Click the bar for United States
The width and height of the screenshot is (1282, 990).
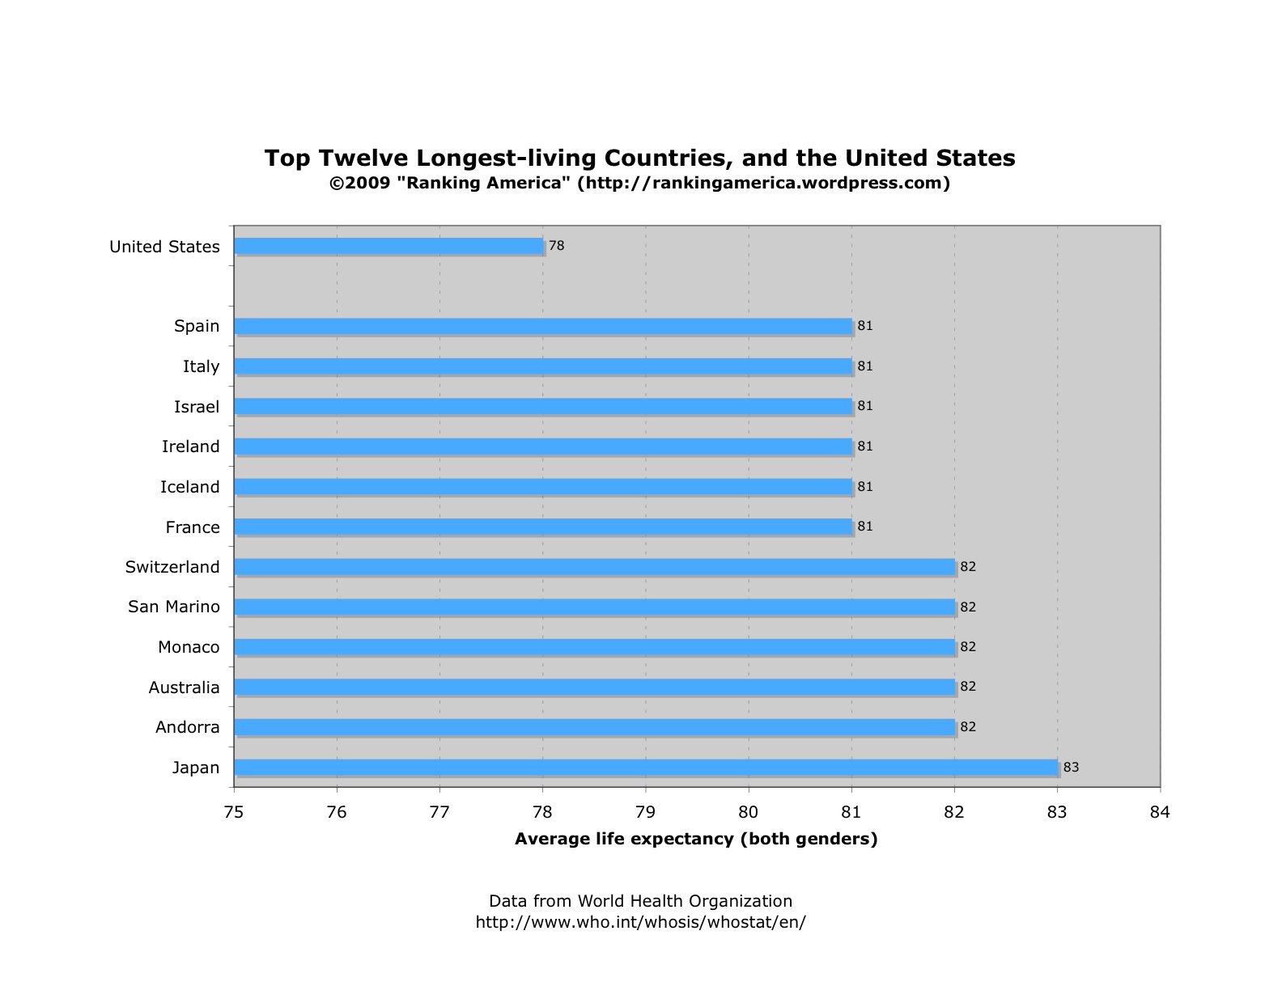(388, 246)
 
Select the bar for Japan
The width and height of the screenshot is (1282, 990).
(646, 767)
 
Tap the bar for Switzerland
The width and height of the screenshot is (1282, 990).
(595, 566)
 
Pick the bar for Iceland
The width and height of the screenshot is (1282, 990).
(543, 486)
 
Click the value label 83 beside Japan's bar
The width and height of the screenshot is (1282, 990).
(1071, 767)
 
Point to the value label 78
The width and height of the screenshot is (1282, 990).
(556, 245)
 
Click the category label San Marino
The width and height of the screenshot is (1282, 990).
(174, 607)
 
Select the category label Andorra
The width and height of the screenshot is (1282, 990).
(188, 727)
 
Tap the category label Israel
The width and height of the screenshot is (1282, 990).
(197, 406)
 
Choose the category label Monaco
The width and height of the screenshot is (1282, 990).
(189, 647)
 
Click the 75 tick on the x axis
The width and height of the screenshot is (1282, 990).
(234, 811)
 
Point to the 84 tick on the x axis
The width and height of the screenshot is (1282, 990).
(1160, 811)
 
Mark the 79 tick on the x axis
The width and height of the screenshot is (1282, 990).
(646, 811)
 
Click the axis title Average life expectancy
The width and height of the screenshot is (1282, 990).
(696, 839)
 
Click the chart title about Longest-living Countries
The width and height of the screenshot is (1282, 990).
(639, 157)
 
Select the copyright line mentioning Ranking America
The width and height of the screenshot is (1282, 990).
(639, 183)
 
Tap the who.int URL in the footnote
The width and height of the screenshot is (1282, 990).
(640, 922)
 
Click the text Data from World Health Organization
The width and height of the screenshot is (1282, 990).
(640, 901)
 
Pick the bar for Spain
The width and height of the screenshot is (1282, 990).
(543, 326)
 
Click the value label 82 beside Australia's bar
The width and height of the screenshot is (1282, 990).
(968, 687)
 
